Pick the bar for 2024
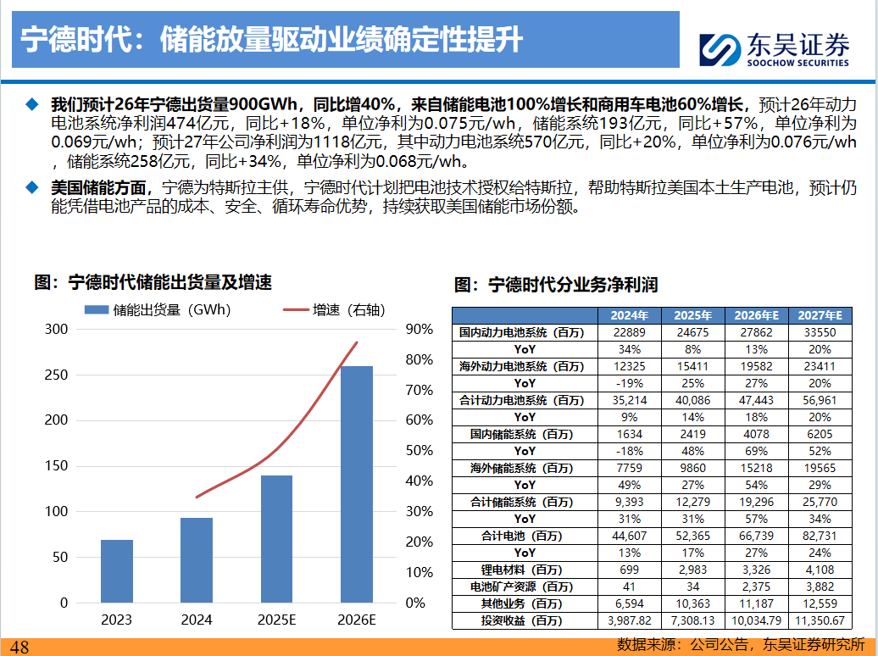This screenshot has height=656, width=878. (x=197, y=559)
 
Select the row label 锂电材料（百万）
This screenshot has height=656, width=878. (x=525, y=570)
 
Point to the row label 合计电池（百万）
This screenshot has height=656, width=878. (x=525, y=536)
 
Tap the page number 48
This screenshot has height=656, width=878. (x=19, y=648)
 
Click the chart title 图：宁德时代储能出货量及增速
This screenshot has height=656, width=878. (x=153, y=283)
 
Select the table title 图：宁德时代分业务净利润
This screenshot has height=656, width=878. (x=556, y=284)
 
